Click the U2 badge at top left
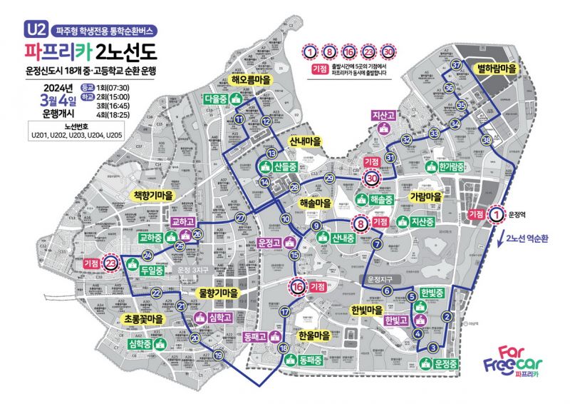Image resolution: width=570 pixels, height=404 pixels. [x=35, y=30]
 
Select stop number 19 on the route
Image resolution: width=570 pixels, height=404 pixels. [x=219, y=355]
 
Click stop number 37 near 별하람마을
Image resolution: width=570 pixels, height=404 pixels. [x=456, y=66]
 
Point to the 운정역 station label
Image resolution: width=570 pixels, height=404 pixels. [x=517, y=213]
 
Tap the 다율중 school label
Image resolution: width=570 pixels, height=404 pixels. [x=215, y=99]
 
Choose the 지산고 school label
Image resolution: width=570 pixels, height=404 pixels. [x=383, y=115]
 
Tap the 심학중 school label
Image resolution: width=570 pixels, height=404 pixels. [x=140, y=345]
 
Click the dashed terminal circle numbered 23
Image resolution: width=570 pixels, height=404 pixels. [x=110, y=263]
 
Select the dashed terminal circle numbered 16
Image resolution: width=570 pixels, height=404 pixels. [x=297, y=286]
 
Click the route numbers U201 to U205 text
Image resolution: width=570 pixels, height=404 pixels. [x=71, y=134]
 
